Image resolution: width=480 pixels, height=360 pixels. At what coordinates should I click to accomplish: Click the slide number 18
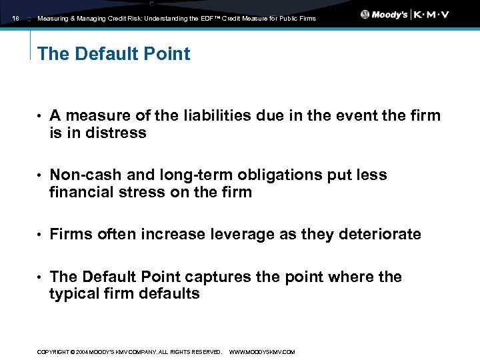[x=15, y=19]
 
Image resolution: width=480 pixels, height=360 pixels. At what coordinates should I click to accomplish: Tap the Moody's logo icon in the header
[x=365, y=15]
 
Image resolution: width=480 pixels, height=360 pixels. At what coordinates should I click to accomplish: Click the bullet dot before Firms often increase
[x=41, y=235]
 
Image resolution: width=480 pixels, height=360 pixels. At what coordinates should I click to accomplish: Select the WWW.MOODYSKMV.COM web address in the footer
[x=261, y=352]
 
